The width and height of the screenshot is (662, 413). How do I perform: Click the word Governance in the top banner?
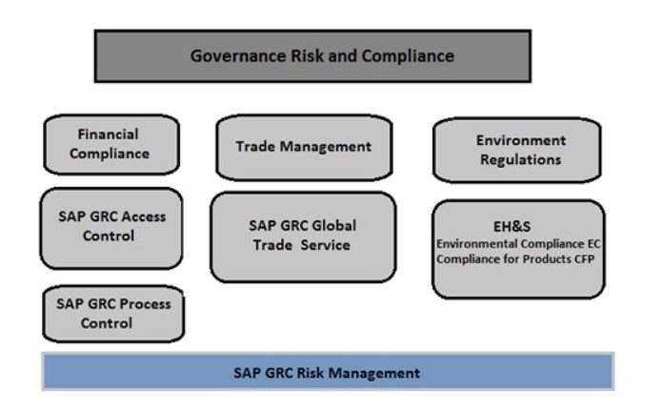(x=238, y=56)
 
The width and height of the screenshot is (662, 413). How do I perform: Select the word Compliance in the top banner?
(x=408, y=56)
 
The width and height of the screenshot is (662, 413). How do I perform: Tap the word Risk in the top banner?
(x=308, y=56)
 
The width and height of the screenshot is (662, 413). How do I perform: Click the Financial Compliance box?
(x=111, y=145)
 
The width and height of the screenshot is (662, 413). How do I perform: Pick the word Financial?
(x=108, y=134)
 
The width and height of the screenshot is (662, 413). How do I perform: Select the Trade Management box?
(x=304, y=148)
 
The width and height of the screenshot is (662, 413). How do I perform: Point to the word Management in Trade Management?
(x=326, y=147)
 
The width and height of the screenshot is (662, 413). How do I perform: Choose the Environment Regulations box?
(x=517, y=150)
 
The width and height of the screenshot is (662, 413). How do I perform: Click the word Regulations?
(x=521, y=160)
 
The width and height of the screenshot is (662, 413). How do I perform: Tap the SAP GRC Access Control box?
(x=111, y=228)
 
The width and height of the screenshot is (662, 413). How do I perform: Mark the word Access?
(x=144, y=217)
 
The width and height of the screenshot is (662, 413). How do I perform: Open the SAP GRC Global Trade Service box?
(x=303, y=237)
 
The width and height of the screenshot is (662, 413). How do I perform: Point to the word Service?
(x=326, y=245)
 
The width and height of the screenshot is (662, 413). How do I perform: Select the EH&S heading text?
(x=512, y=227)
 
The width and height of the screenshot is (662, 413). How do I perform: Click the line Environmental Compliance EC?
(x=518, y=244)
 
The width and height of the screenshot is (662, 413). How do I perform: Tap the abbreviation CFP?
(x=584, y=258)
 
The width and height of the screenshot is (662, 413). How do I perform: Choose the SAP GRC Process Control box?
(x=113, y=314)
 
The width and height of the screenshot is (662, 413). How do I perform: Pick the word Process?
(x=145, y=304)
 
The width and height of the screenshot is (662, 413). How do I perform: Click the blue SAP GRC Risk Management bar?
(x=328, y=372)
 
